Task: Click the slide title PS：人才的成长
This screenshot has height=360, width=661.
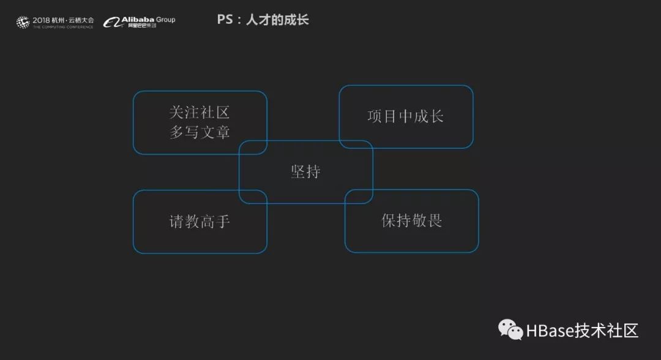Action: [x=263, y=20]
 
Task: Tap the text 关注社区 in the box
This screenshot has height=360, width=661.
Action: [x=200, y=113]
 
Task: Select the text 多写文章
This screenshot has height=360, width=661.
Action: [x=200, y=132]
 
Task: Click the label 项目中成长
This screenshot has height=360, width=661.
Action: [x=405, y=116]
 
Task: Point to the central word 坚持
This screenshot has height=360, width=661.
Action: [x=305, y=171]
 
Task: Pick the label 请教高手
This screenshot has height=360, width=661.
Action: [x=200, y=221]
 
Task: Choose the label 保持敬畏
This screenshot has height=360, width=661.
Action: [x=411, y=220]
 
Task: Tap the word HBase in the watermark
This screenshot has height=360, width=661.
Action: [x=550, y=331]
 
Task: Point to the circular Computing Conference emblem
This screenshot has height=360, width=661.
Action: [x=23, y=23]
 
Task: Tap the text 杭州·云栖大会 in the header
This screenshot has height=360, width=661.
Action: [x=73, y=20]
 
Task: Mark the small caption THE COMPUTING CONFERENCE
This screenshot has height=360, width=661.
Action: [x=63, y=27]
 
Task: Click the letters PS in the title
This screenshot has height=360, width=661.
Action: [x=224, y=20]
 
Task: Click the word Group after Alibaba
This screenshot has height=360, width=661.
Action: [x=165, y=20]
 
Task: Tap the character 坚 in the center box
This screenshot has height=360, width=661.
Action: [x=297, y=171]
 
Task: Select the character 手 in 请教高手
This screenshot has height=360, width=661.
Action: [x=223, y=221]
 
